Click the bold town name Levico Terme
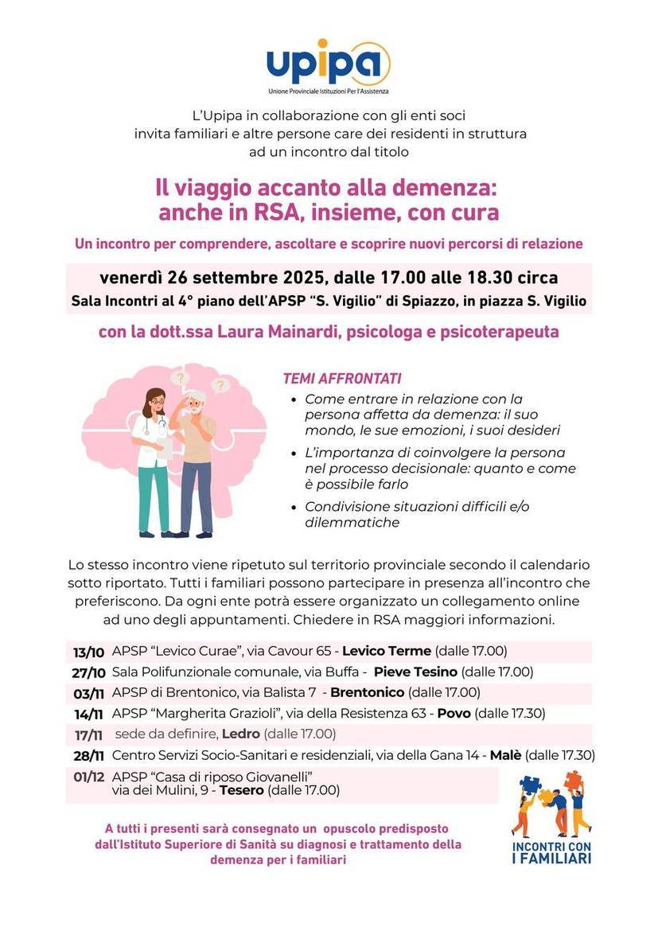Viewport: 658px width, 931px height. (x=387, y=651)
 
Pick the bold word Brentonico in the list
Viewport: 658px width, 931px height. (x=368, y=692)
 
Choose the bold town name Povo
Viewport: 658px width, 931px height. (x=454, y=713)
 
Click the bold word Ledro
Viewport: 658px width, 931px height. (x=241, y=734)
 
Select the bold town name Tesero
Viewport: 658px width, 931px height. (x=241, y=790)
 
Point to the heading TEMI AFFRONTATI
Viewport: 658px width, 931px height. (x=342, y=379)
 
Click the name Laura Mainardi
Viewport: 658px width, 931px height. (x=266, y=332)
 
